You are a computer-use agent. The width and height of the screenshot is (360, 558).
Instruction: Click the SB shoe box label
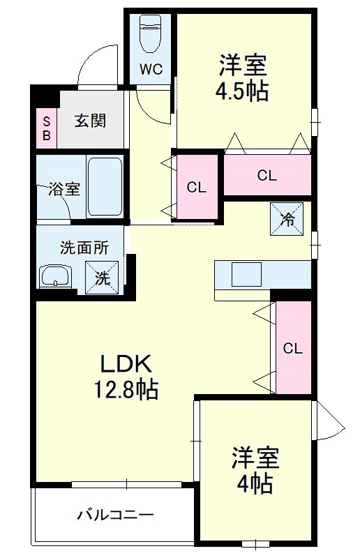pos(46,128)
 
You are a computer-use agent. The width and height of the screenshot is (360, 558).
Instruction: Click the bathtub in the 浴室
pos(105,186)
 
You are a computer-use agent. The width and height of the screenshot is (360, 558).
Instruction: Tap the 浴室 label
pos(64,188)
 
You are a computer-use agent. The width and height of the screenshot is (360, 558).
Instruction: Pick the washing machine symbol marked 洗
pos(101,277)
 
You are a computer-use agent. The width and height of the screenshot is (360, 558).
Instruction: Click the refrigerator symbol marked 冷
pos(287,218)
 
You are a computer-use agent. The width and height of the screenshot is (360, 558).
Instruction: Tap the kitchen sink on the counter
pos(246,273)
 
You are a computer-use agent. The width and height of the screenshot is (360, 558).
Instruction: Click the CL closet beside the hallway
pos(197,187)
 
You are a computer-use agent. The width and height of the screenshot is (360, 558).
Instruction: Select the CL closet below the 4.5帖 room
pos(267,175)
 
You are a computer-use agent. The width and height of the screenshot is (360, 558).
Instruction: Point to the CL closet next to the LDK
pos(293,348)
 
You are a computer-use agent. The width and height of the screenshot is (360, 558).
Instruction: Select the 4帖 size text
pos(255,483)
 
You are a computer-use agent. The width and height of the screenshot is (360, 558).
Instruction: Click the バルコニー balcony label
pos(114,515)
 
